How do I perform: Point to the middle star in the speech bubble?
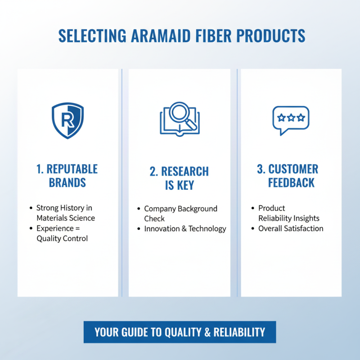tap(291, 118)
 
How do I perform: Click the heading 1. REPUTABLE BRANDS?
tap(67, 176)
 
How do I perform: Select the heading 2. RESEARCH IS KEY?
tap(179, 178)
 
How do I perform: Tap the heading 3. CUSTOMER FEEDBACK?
tap(291, 176)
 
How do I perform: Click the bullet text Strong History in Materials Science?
tap(66, 213)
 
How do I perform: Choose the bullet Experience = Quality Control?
tap(62, 233)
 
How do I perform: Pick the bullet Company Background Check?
tap(180, 213)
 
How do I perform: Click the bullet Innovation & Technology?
tap(185, 229)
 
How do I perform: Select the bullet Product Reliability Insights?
tap(288, 213)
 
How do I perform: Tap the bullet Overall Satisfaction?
tap(291, 228)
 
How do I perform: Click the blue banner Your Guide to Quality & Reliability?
tap(180, 332)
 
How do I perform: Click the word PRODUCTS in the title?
tap(272, 36)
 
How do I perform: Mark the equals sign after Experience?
tap(77, 228)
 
